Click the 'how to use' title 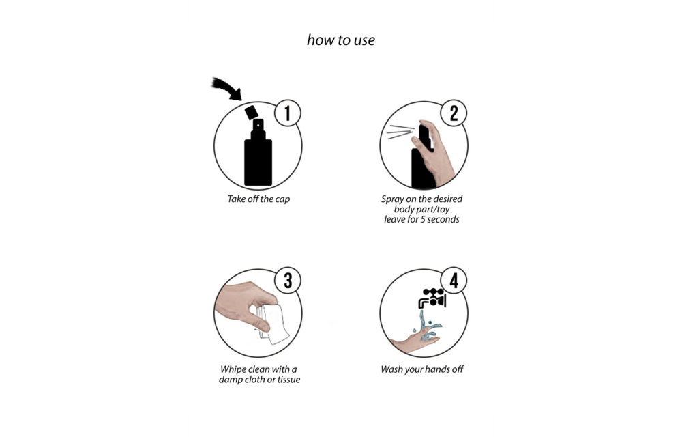pyautogui.click(x=340, y=40)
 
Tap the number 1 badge pyautogui.click(x=288, y=113)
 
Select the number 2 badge pyautogui.click(x=454, y=113)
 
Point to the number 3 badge pyautogui.click(x=288, y=281)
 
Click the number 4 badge pyautogui.click(x=454, y=281)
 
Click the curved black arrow pyautogui.click(x=228, y=87)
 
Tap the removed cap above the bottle pyautogui.click(x=252, y=112)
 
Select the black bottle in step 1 pyautogui.click(x=258, y=152)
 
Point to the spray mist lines pyautogui.click(x=400, y=132)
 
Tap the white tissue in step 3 pyautogui.click(x=273, y=324)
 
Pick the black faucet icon pyautogui.click(x=432, y=298)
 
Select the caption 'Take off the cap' pyautogui.click(x=258, y=199)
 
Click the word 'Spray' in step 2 pyautogui.click(x=392, y=199)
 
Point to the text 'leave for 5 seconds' pyautogui.click(x=421, y=219)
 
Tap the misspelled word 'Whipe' pyautogui.click(x=233, y=369)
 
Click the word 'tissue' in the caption pyautogui.click(x=288, y=380)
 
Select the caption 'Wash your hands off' pyautogui.click(x=422, y=369)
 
